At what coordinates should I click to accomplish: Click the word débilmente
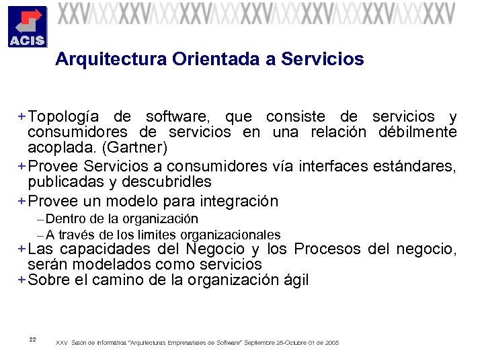pyautogui.click(x=417, y=131)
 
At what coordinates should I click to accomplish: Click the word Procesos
pyautogui.click(x=329, y=249)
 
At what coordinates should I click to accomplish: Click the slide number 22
pyautogui.click(x=33, y=339)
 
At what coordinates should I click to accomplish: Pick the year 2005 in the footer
pyautogui.click(x=331, y=343)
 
